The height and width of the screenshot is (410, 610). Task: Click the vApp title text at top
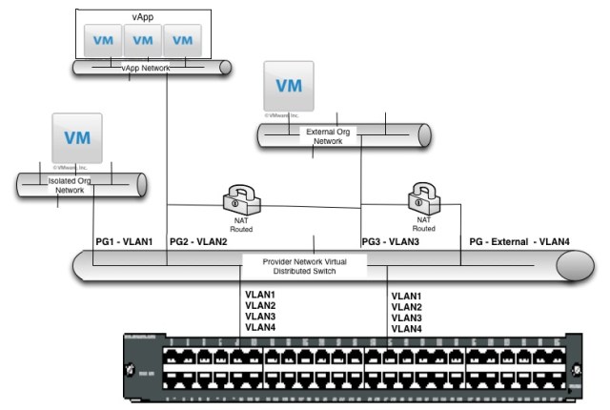pos(141,16)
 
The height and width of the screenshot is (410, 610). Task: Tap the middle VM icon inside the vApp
pos(143,40)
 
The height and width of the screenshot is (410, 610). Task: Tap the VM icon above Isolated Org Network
pos(77,136)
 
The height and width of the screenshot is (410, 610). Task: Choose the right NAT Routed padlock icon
pos(423,197)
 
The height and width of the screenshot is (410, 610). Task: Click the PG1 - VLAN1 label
pos(124,243)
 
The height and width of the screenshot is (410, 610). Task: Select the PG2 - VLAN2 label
pos(198,243)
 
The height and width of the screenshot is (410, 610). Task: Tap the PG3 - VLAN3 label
pos(391,243)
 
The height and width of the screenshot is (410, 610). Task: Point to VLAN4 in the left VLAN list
pos(260,327)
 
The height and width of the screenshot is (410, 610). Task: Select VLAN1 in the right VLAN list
pos(407,296)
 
